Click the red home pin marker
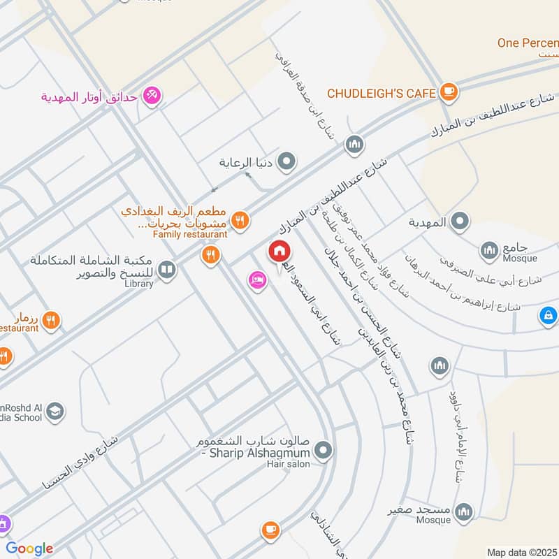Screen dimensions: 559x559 [279, 252]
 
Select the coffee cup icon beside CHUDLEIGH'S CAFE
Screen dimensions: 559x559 [448, 92]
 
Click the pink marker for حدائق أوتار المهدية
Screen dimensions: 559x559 [152, 95]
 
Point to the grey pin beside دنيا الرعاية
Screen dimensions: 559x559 [286, 163]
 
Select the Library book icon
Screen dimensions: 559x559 [166, 269]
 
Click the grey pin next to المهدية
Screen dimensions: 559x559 [459, 222]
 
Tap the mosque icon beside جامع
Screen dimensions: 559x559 [488, 249]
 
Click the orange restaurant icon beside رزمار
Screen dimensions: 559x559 [50, 321]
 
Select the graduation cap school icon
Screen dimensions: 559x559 [54, 413]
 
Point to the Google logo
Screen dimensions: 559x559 [29, 549]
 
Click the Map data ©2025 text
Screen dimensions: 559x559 [521, 552]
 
